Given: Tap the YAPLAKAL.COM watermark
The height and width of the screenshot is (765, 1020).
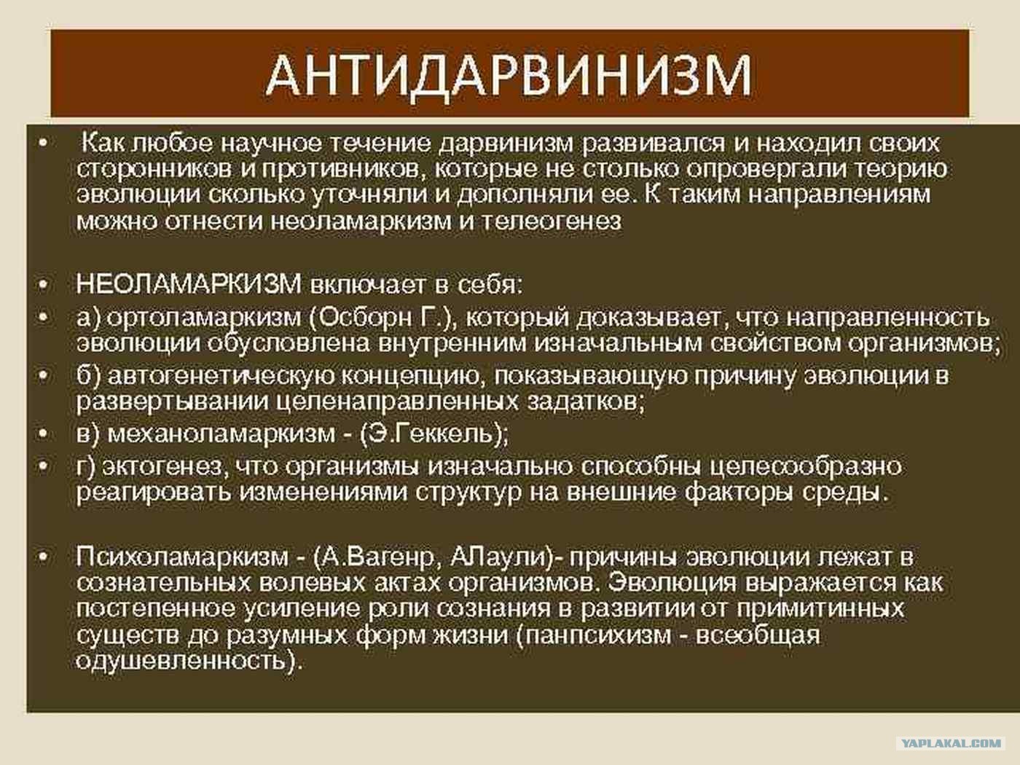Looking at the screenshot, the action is click(x=952, y=743).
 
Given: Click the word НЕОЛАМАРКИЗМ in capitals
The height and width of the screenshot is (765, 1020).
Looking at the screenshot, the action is click(x=189, y=284).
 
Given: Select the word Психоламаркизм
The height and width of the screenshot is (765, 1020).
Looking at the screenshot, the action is click(x=182, y=557).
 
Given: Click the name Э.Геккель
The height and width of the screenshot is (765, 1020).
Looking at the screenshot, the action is click(x=432, y=434).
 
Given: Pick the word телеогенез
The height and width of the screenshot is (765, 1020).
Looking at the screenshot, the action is click(x=551, y=221).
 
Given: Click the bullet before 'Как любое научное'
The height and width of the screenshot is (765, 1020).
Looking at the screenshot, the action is click(x=43, y=144).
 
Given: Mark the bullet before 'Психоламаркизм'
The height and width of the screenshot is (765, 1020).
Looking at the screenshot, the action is click(x=43, y=557).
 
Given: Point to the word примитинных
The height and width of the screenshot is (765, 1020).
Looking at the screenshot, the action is click(x=820, y=609).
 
